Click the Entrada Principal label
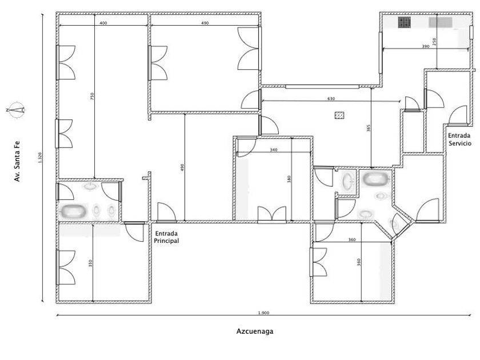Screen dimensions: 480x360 pos(167,237)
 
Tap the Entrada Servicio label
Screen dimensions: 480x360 pos(460,139)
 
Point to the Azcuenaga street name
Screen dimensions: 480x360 pos(254,331)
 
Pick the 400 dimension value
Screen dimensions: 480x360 pos(103,23)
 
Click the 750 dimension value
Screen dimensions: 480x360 pos(93,97)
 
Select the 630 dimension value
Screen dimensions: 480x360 pos(331,99)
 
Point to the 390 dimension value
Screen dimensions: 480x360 pos(425,46)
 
